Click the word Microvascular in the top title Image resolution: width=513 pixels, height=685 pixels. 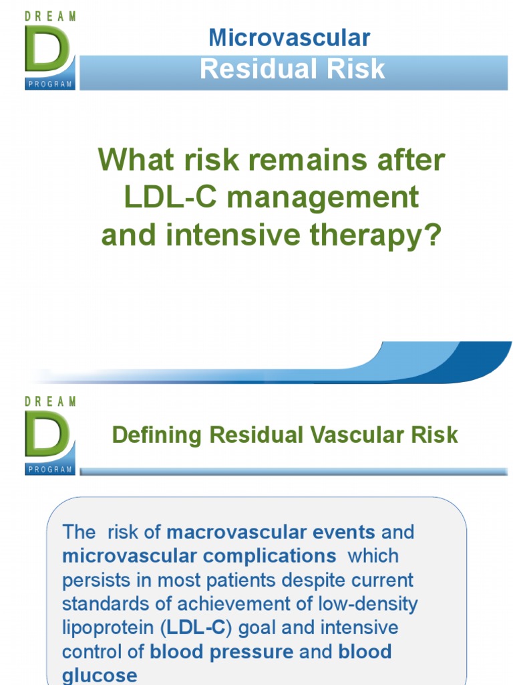pyautogui.click(x=289, y=38)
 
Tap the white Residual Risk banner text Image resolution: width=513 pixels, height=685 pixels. pyautogui.click(x=292, y=69)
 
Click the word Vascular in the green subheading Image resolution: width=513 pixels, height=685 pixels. pyautogui.click(x=351, y=435)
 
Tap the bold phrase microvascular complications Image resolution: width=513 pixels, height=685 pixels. pyautogui.click(x=199, y=557)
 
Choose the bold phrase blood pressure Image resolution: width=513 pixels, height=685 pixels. pyautogui.click(x=222, y=652)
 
